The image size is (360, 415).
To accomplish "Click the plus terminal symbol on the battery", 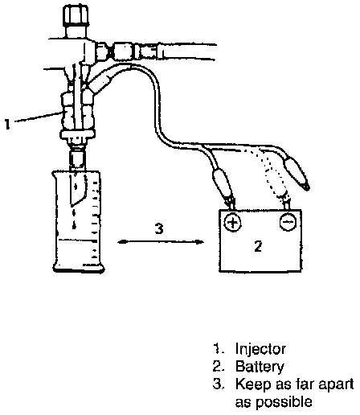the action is coord(232,223).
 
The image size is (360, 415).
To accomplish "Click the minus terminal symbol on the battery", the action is coord(288,222).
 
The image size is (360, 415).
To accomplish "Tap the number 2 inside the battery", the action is coord(258,246).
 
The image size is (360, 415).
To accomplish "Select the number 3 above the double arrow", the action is coord(159,228).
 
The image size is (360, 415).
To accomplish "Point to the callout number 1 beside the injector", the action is coord(7,124).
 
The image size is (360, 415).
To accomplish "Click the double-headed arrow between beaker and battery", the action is coord(161,242).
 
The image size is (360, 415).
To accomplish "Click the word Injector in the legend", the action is coord(260,350).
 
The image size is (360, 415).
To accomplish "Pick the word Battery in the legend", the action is coord(260,367).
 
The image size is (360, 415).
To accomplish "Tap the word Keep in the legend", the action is coord(253,385).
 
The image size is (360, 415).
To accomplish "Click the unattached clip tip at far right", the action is coord(306,187).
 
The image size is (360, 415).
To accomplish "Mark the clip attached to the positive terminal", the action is coord(223,185).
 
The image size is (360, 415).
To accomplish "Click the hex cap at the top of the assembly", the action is coord(76,16).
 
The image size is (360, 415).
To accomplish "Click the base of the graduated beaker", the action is coord(78,268).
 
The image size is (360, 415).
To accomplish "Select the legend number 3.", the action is coord(218,384).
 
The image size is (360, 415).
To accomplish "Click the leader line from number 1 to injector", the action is coord(38,117).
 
